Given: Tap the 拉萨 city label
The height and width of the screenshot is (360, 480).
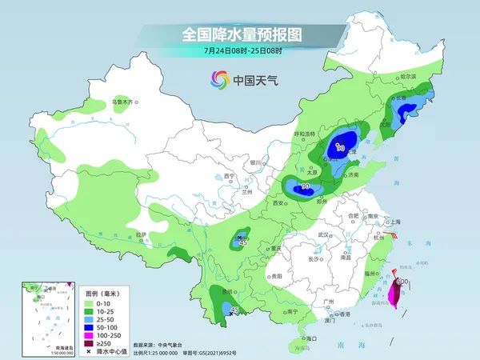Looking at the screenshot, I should (x=141, y=234).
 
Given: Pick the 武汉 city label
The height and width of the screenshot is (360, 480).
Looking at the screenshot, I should (x=322, y=234).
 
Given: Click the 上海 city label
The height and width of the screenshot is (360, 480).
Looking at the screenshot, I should (x=393, y=222).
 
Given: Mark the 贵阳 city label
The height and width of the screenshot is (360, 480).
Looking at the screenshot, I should (x=276, y=275).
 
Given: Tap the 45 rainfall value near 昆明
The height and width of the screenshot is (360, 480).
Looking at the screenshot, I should (x=234, y=310).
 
